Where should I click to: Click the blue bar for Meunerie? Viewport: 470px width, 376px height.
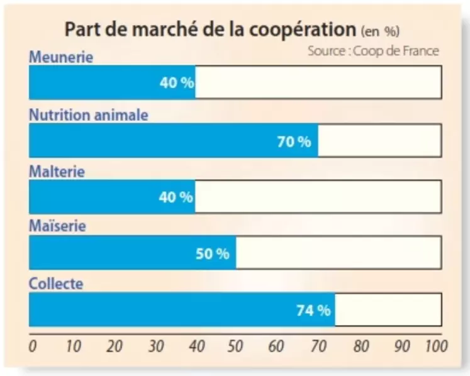(112, 82)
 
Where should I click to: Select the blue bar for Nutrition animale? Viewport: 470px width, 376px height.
(173, 140)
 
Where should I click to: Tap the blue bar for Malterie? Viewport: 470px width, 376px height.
(112, 197)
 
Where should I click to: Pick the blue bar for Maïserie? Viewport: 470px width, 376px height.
(132, 253)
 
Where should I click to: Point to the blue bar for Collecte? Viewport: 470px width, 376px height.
(182, 309)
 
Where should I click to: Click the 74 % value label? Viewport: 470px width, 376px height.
(313, 309)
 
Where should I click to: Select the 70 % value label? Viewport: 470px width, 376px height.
(294, 141)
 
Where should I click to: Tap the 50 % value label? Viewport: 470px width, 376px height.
(212, 254)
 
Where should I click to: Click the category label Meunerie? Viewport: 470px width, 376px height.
(61, 57)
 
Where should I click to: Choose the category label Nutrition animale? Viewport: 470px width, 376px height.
(89, 115)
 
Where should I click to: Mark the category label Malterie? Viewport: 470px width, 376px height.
(57, 172)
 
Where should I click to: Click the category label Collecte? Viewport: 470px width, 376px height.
(56, 284)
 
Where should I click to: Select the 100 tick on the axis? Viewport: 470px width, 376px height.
(436, 346)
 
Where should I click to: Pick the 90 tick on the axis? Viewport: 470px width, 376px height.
(402, 346)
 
